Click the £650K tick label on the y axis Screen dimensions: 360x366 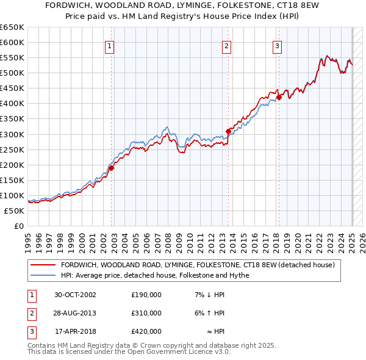12,27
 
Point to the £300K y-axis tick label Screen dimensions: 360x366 12,134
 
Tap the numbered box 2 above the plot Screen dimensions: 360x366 226,46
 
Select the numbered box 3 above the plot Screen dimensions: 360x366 277,46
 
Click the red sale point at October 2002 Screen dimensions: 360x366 112,168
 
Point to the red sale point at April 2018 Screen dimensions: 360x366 279,96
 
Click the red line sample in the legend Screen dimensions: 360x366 43,265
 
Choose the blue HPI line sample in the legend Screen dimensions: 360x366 43,275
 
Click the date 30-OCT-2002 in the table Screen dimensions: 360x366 75,295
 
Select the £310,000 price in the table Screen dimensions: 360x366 146,313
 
